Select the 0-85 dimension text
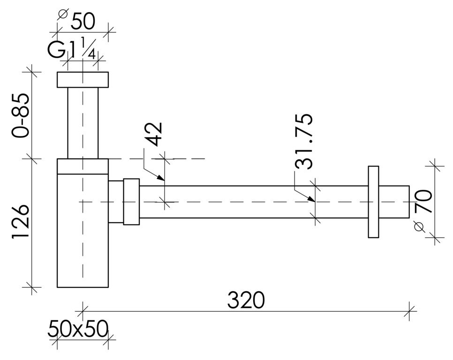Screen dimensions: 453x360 [x=21, y=115]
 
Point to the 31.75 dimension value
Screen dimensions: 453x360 [x=303, y=142]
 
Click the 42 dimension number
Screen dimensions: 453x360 [x=153, y=134]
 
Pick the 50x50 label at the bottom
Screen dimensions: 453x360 [x=78, y=329]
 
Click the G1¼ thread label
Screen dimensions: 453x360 [x=72, y=49]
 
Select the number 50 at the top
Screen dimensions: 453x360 [x=83, y=22]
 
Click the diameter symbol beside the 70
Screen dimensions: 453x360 [x=420, y=227]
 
